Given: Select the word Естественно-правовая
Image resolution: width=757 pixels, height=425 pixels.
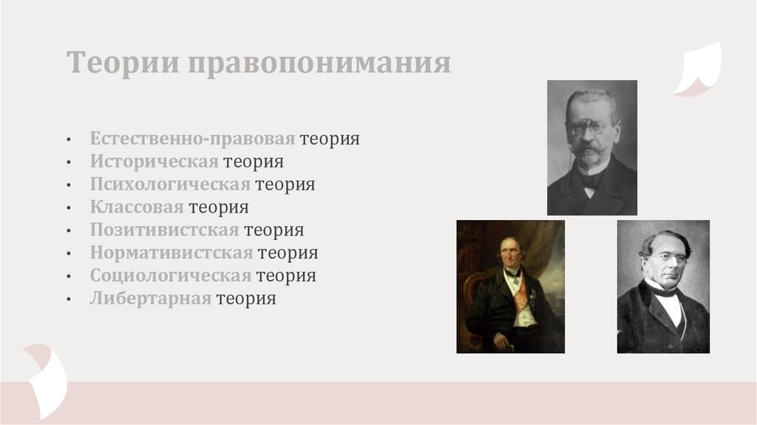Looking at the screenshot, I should click(193, 138).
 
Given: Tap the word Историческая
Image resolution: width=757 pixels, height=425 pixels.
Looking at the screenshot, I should click(155, 161).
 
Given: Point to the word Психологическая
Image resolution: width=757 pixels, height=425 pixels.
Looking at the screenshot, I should click(171, 184).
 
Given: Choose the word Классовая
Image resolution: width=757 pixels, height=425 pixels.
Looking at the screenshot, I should click(137, 207).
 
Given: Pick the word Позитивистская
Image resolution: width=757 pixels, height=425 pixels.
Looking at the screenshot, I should click(165, 230).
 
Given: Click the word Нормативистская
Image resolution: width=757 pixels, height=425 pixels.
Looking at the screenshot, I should click(172, 253).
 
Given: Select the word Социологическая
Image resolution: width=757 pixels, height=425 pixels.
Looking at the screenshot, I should click(171, 276).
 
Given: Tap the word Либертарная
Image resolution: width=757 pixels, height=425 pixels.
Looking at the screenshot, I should click(151, 299).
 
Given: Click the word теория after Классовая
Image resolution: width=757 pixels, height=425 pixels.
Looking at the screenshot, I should click(218, 207).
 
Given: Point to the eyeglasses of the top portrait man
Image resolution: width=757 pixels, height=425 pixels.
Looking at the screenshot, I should click(590, 127).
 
